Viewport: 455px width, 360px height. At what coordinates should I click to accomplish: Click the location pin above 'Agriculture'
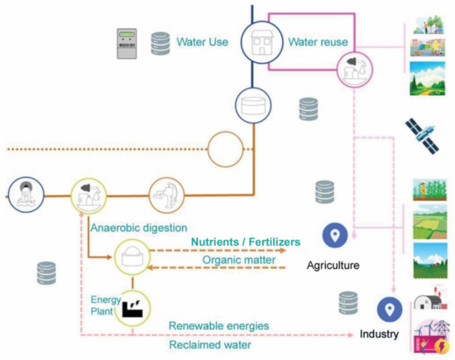point(335,237)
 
